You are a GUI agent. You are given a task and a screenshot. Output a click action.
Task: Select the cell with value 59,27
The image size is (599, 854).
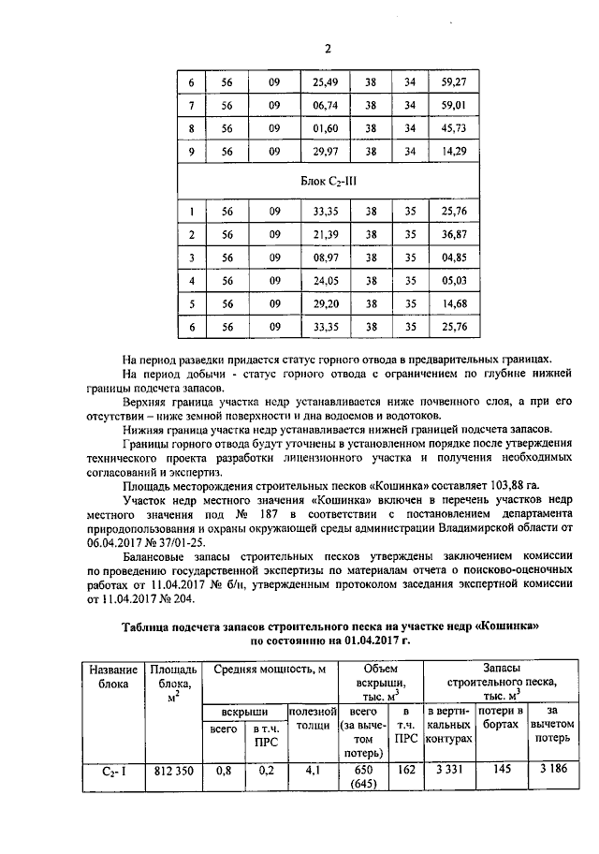pos(453,81)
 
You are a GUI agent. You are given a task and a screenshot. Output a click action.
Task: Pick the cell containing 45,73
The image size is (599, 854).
pos(453,128)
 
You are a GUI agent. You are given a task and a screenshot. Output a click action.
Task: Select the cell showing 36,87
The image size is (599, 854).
pos(453,233)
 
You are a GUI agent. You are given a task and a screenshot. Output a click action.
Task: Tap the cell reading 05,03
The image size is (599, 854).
pos(453,280)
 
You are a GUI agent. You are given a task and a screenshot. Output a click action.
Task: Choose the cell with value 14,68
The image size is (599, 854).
pos(453,303)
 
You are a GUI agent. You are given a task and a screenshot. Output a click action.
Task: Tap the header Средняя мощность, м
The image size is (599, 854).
pos(270,670)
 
